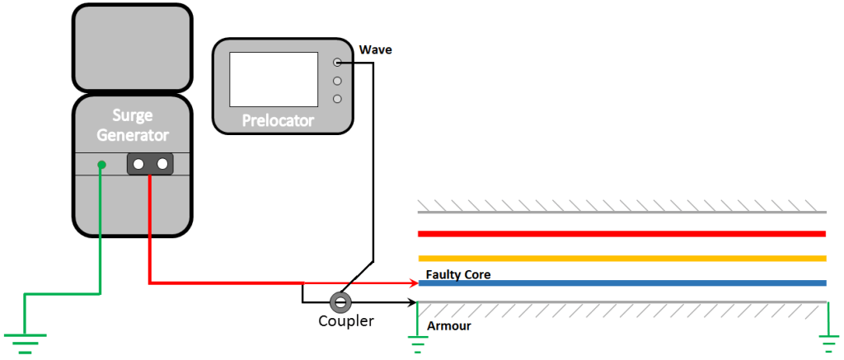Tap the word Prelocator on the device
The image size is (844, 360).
[278, 121]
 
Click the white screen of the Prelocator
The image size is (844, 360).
[273, 79]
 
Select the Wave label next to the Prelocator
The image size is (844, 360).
[376, 50]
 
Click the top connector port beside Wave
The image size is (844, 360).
[337, 63]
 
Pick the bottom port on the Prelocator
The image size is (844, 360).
[337, 99]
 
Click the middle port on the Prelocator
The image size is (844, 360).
[337, 81]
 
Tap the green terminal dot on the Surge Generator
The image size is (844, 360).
[101, 165]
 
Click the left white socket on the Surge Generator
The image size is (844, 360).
[138, 165]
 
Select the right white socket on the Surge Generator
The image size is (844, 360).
[162, 165]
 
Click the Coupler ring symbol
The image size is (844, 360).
[340, 302]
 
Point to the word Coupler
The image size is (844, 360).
[346, 321]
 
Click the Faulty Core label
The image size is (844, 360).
[458, 274]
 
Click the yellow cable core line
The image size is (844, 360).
[622, 259]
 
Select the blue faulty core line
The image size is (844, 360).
[622, 283]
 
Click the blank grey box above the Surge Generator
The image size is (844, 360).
[133, 48]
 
